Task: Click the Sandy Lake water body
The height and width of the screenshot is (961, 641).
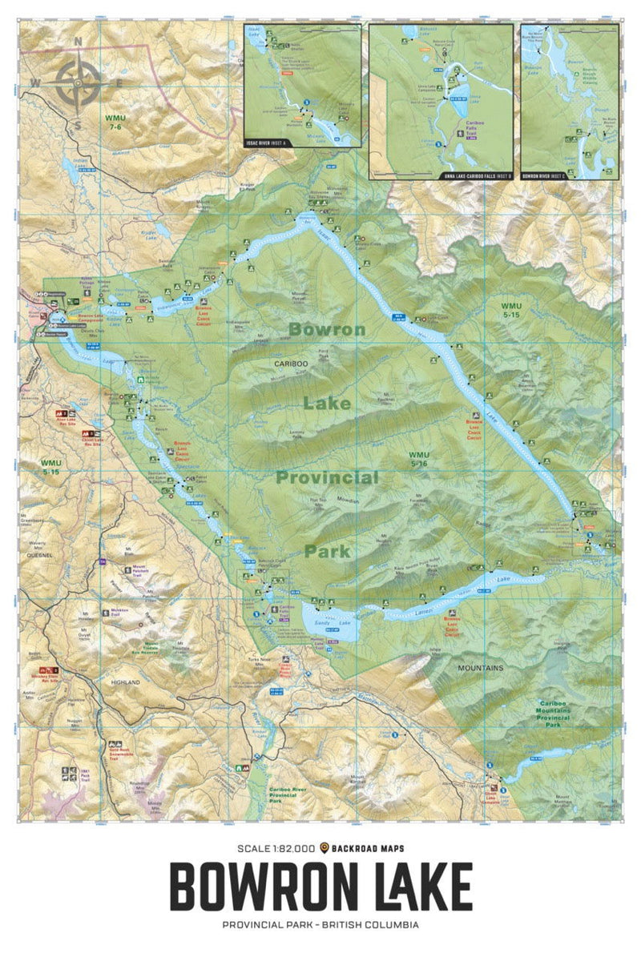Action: [329, 621]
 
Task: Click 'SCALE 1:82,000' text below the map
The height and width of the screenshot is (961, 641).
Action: [275, 848]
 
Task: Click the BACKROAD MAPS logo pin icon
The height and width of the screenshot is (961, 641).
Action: [325, 848]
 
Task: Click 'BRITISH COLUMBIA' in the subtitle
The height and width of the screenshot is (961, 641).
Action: [375, 925]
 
